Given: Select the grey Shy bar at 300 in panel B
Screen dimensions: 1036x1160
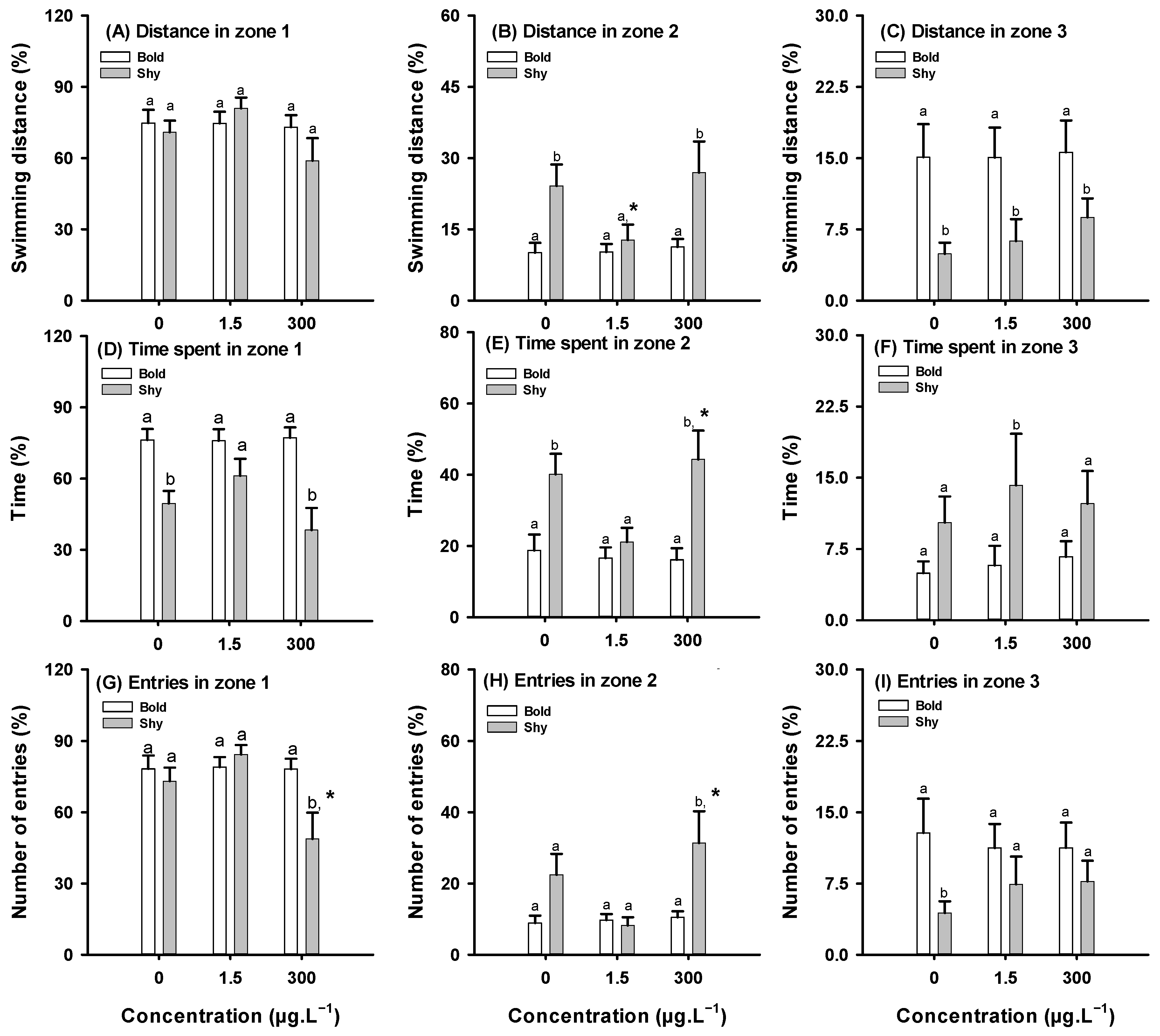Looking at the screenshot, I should click(x=699, y=236).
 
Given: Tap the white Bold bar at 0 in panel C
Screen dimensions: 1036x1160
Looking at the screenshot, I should click(x=923, y=229).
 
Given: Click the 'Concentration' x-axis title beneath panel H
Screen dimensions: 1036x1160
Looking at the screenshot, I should click(x=617, y=1016).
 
